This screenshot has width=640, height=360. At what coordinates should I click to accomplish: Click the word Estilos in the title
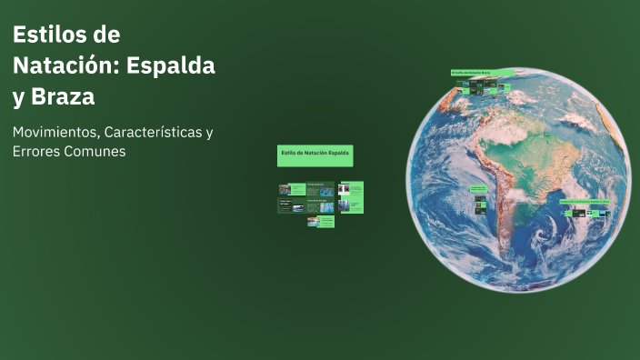pyautogui.click(x=45, y=35)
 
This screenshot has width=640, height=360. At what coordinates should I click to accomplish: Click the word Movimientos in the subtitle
pyautogui.click(x=55, y=132)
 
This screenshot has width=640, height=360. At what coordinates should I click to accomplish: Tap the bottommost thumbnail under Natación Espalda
pyautogui.click(x=320, y=221)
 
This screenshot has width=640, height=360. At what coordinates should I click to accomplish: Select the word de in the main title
pyautogui.click(x=107, y=35)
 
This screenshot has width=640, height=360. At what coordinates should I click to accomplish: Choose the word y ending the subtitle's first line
pyautogui.click(x=209, y=133)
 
